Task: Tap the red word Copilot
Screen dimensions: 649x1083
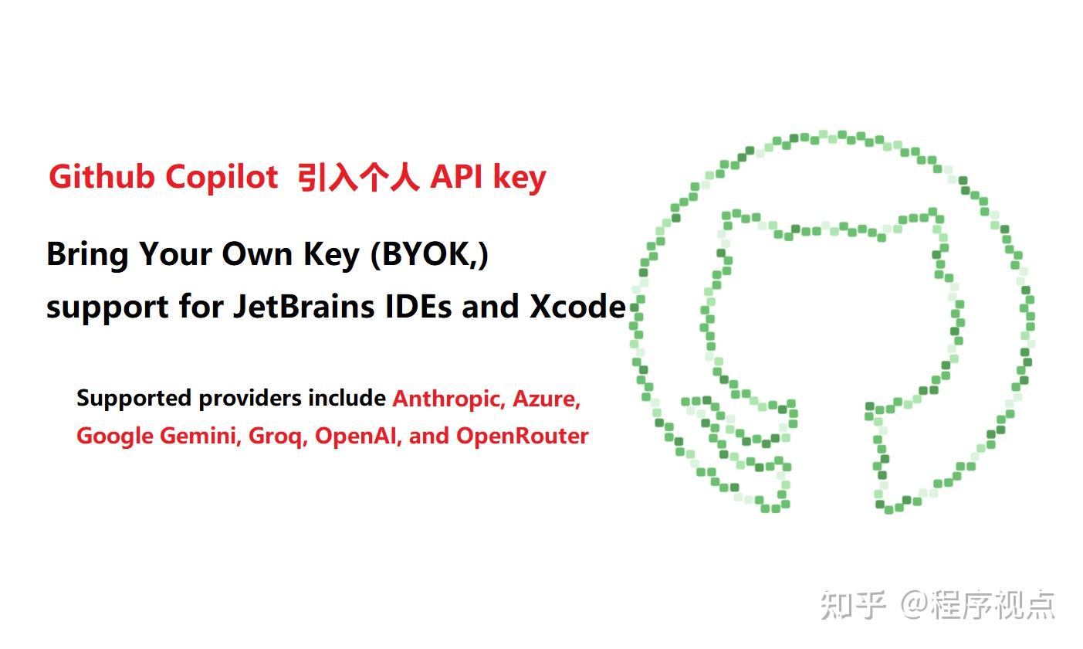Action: (222, 178)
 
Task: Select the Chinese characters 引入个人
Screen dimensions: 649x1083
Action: (359, 178)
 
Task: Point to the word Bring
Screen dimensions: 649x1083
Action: (87, 254)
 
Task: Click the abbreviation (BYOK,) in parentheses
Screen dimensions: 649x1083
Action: (429, 254)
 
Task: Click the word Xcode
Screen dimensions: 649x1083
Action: (577, 307)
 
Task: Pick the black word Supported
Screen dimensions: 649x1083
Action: (134, 399)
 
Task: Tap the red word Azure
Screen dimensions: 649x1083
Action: (546, 399)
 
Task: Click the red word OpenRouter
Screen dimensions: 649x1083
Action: (522, 436)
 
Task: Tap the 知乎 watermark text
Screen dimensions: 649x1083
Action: (852, 603)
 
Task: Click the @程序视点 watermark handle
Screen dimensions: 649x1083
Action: (977, 603)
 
